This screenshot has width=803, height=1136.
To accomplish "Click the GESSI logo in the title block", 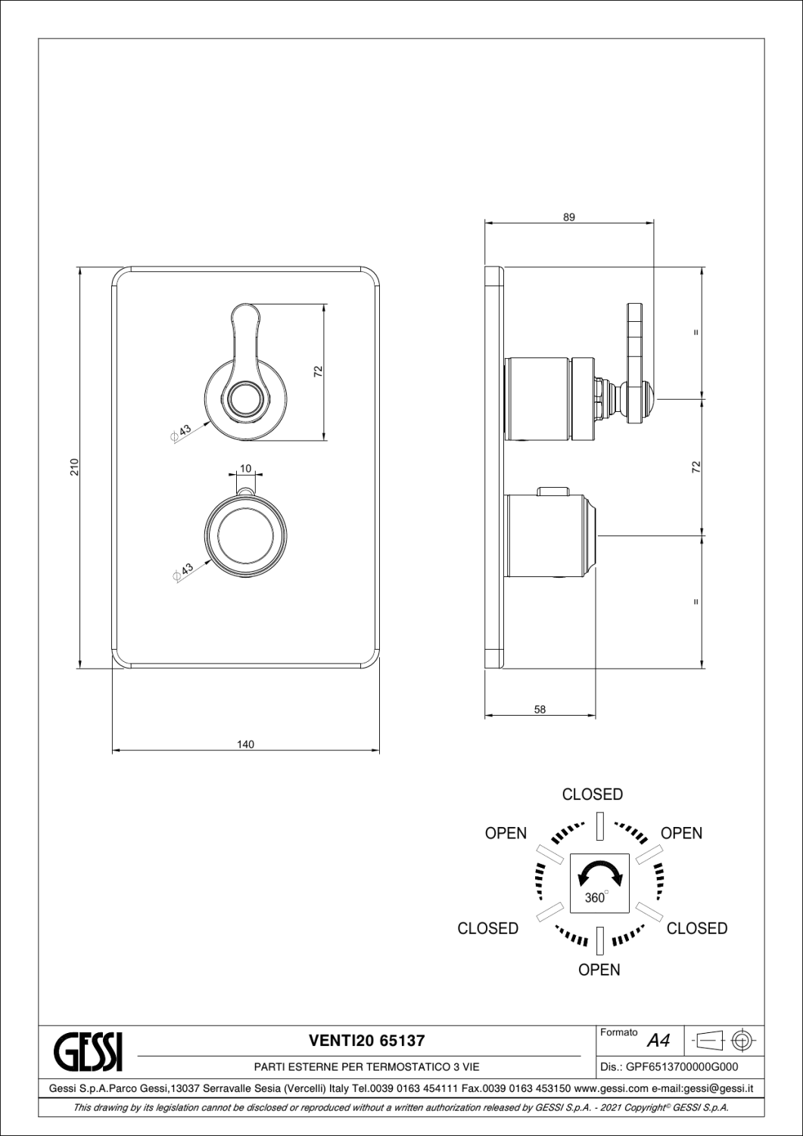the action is [88, 1052].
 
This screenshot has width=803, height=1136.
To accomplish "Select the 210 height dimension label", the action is [74, 467].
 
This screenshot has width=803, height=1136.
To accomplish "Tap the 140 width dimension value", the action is [245, 744].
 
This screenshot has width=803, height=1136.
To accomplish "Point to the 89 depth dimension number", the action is [569, 217].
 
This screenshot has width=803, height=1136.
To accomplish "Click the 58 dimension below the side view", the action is [540, 710].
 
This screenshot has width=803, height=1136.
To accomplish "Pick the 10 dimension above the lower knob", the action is [245, 468].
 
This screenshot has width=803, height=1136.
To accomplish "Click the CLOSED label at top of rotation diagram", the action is [592, 794].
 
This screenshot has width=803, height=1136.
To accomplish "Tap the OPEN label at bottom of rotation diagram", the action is [599, 969].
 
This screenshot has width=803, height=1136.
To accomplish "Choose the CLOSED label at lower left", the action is [487, 928].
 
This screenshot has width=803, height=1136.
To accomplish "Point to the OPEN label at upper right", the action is [681, 833].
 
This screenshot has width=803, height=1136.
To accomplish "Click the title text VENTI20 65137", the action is [366, 1041].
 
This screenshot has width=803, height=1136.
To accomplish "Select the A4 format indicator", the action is [658, 1041].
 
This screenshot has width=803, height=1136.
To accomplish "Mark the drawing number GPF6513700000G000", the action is [683, 1067].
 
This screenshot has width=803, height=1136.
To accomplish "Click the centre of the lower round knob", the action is [245, 536].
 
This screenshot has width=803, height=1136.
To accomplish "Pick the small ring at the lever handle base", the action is [246, 397].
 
